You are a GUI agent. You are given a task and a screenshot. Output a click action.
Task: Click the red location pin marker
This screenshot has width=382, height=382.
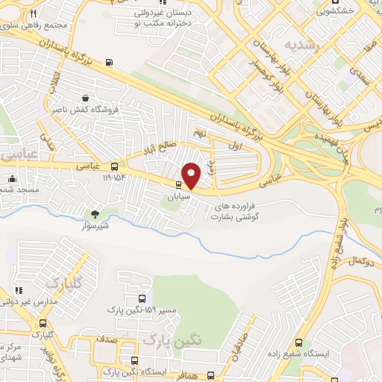point(192,175)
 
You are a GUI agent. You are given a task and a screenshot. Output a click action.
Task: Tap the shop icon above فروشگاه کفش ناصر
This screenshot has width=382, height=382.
point(87,98)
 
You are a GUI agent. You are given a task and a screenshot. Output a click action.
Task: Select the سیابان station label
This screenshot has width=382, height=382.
point(178,195)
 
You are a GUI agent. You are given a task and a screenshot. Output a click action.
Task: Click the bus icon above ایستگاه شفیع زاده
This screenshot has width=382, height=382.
point(299,343)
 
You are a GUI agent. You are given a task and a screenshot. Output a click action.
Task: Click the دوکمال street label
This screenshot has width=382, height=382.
point(363,261)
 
